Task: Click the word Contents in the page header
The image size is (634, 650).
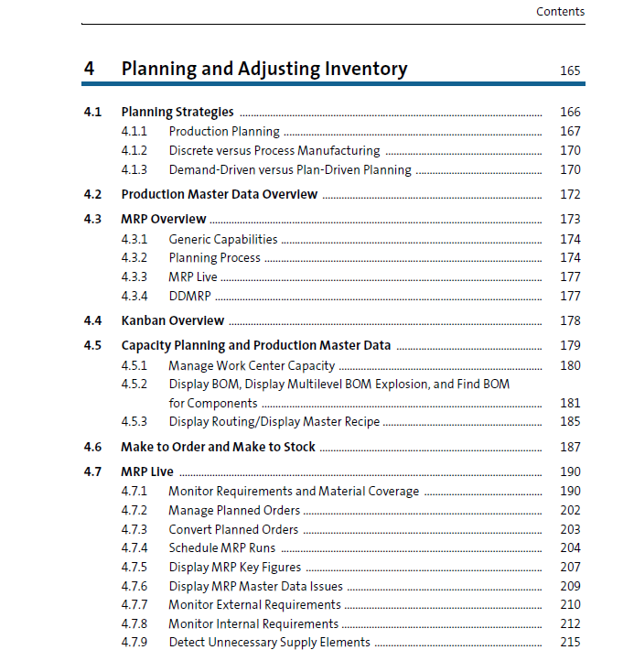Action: [x=560, y=12]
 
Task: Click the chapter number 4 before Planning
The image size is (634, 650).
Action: [x=89, y=69]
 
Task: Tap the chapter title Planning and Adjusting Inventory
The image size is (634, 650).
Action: [x=264, y=69]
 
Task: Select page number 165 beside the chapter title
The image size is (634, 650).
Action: [x=569, y=70]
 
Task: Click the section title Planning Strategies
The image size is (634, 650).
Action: [x=177, y=113]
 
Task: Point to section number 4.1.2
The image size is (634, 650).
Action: [x=134, y=150]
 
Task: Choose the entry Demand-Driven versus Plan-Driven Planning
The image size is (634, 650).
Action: [x=290, y=169]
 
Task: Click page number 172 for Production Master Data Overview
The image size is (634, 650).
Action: [x=569, y=195]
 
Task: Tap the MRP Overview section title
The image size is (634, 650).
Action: [x=164, y=220]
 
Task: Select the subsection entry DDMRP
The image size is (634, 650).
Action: [x=190, y=296]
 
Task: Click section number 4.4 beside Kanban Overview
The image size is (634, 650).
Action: [x=92, y=321]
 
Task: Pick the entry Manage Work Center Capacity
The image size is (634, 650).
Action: [x=252, y=365]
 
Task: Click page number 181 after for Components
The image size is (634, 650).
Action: [x=569, y=403]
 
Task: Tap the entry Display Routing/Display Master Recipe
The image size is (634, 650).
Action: [x=274, y=422]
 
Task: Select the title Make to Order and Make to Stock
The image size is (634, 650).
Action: [x=218, y=447]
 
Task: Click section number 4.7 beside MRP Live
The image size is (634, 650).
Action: [x=92, y=472]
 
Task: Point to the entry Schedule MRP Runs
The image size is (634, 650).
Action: [x=221, y=548]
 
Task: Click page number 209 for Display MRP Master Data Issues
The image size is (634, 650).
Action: [x=569, y=586]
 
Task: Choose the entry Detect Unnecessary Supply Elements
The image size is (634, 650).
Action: [x=269, y=643]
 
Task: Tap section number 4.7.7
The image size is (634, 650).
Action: [x=134, y=605]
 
